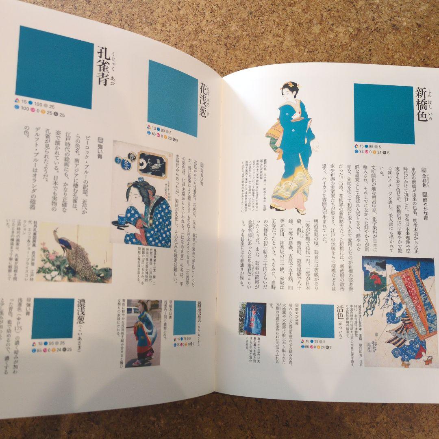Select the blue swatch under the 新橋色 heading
384,114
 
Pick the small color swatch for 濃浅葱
53,318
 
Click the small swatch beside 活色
317,321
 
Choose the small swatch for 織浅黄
185,317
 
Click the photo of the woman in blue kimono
143,333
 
